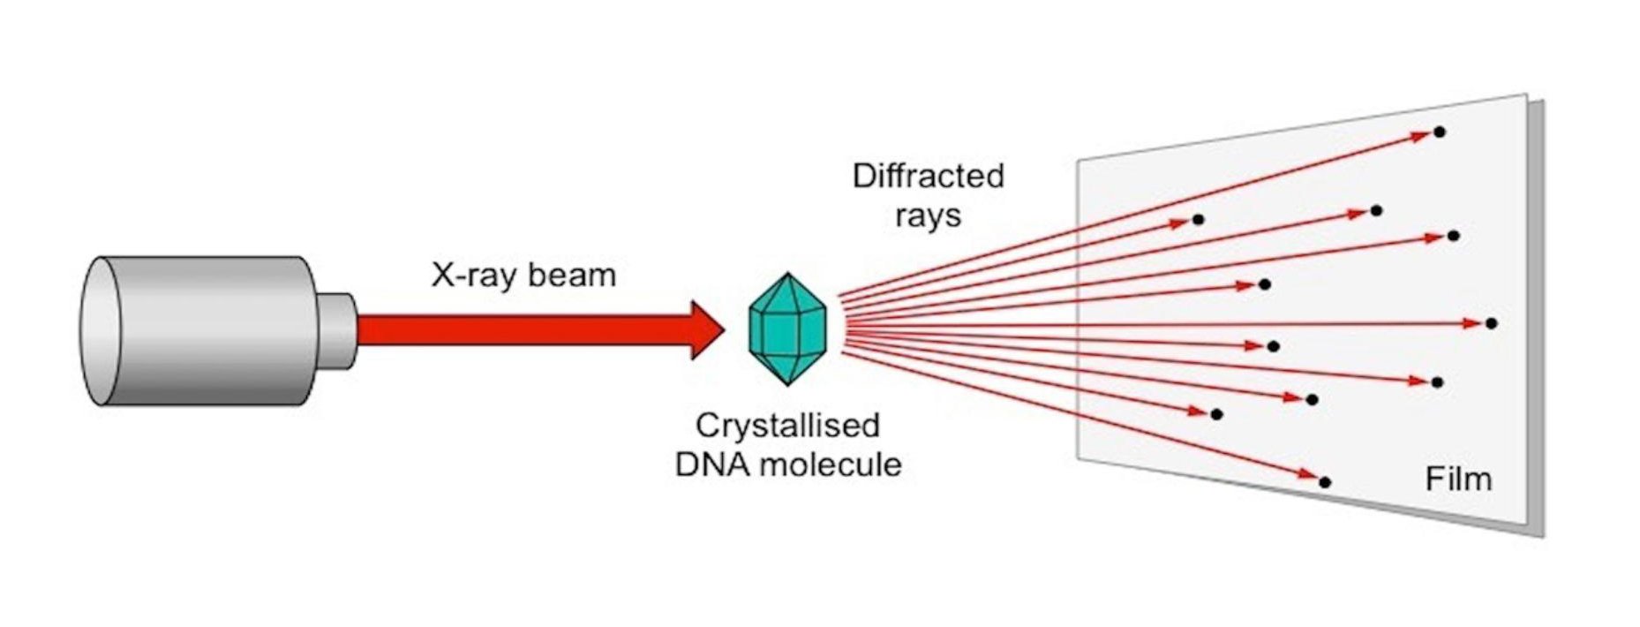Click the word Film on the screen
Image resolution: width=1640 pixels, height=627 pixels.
tap(1458, 479)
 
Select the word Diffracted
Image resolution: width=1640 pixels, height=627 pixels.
tap(928, 176)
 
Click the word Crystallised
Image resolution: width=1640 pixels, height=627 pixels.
tap(787, 426)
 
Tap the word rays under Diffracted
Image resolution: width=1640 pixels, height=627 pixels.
tap(928, 215)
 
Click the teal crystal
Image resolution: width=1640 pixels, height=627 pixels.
tap(787, 329)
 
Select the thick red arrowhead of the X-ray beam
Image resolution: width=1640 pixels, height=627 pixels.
tap(706, 330)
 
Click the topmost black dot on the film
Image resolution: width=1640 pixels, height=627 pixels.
tap(1440, 132)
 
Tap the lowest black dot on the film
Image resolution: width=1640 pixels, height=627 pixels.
tap(1325, 482)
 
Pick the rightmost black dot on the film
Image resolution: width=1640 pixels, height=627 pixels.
tap(1492, 323)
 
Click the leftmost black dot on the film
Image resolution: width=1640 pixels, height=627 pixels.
tap(1198, 219)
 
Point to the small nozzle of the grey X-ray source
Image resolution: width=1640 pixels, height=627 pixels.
tap(336, 330)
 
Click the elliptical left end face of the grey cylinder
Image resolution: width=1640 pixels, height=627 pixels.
tap(99, 331)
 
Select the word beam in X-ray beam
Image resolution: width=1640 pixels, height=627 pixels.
tap(570, 275)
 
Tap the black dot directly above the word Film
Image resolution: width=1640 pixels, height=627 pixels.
tap(1437, 382)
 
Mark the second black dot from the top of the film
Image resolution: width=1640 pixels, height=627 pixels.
tap(1376, 210)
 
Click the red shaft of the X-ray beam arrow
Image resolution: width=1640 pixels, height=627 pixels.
tap(521, 330)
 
